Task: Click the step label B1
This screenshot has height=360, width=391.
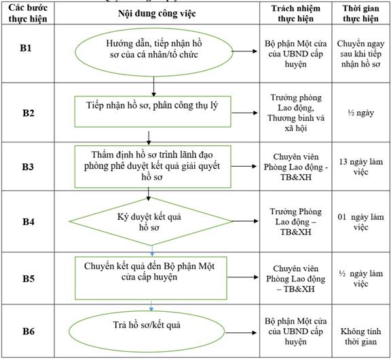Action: [x=26, y=48]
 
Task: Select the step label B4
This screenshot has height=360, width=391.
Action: [x=29, y=222]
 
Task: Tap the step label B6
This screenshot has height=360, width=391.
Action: [x=29, y=332]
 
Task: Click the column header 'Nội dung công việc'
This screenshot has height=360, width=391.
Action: [x=157, y=14]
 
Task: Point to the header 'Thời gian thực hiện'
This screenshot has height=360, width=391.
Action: [x=360, y=13]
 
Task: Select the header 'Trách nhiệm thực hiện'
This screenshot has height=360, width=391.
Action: [x=296, y=13]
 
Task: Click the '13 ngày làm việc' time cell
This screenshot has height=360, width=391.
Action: [x=360, y=167]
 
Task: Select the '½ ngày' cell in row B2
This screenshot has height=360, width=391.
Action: [x=360, y=113]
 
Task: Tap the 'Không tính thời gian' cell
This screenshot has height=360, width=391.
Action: [x=360, y=336]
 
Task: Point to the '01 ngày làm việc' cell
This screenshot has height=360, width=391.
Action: [x=360, y=222]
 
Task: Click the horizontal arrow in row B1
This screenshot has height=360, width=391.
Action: [x=244, y=52]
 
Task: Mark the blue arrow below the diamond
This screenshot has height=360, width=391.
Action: [x=152, y=252]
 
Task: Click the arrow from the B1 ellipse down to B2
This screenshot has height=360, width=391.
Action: [x=153, y=86]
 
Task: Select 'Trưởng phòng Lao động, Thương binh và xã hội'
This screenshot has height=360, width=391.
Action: [x=296, y=113]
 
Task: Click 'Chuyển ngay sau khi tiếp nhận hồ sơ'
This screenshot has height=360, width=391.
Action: [x=360, y=54]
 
